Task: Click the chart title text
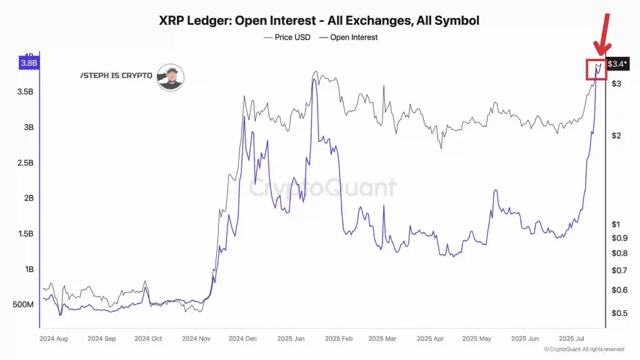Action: [319, 20]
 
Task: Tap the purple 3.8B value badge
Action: [29, 62]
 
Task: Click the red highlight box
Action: [596, 69]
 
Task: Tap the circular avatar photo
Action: [170, 77]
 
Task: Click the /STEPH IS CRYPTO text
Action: [116, 76]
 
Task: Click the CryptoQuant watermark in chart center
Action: [322, 187]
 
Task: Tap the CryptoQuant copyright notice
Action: [584, 349]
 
